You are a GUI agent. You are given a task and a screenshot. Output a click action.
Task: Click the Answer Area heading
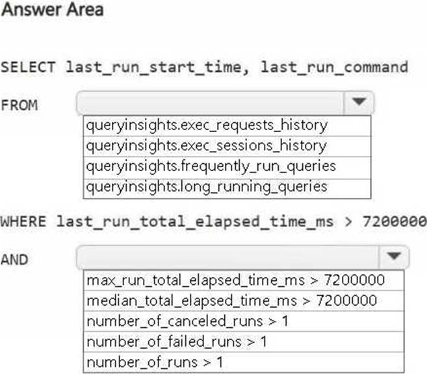52,10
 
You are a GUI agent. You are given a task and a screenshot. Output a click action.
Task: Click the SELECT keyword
28,68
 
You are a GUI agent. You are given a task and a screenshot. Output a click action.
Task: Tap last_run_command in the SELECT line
335,68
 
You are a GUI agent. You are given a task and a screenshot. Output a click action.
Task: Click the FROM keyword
19,105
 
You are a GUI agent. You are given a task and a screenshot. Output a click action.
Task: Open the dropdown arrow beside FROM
359,101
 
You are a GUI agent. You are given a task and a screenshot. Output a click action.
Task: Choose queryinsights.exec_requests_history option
207,126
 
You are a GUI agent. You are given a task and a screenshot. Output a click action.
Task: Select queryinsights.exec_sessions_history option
207,146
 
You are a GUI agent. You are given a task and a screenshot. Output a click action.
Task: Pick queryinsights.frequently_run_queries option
211,167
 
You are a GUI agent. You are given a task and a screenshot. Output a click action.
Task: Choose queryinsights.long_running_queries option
207,187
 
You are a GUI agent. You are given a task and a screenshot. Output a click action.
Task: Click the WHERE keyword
23,221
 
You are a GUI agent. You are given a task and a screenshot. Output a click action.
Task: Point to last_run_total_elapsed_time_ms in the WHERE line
195,222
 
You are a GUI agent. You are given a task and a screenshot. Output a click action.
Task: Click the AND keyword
15,260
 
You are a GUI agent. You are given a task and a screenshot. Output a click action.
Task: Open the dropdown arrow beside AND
394,256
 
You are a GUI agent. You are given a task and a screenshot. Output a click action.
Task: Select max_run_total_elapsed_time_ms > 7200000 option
236,280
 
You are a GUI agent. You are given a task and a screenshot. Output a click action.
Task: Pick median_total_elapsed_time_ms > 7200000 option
232,301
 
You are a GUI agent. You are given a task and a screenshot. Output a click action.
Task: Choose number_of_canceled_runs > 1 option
187,321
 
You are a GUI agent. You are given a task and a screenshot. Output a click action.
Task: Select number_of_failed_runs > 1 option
177,342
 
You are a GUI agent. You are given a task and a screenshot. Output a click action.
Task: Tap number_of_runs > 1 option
155,362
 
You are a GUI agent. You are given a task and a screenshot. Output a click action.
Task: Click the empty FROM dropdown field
210,103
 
